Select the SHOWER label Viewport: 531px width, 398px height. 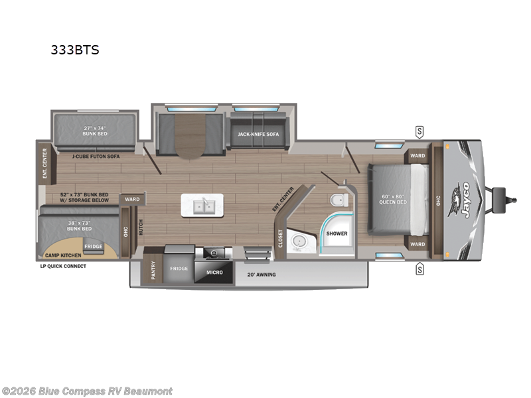pos(337,233)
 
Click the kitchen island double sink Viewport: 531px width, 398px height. pos(203,206)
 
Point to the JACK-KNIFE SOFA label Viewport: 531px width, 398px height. pos(258,134)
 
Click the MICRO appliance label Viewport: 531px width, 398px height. pos(213,273)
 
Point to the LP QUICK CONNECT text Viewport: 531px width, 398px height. pos(62,266)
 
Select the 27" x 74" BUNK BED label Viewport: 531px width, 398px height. pos(95,130)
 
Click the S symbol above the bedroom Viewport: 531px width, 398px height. pos(419,129)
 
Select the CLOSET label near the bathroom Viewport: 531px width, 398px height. pos(280,237)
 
